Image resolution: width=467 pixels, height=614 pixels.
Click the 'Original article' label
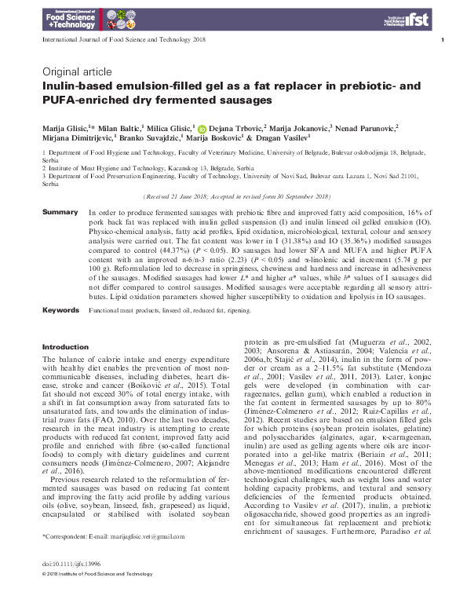point(77,71)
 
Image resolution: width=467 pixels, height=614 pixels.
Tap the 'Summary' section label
point(60,213)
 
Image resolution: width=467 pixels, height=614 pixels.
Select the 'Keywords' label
point(61,311)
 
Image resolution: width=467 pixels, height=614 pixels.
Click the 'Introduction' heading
point(64,346)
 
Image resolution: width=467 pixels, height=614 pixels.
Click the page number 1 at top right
point(443,40)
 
